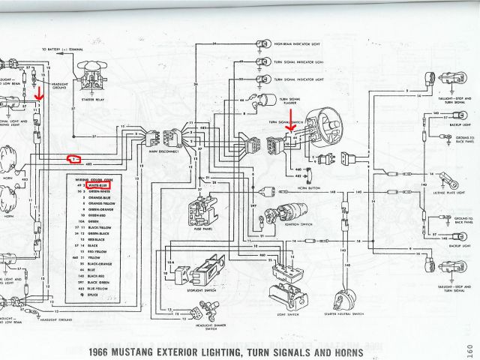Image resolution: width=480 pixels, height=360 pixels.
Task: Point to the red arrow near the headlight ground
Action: click(x=39, y=93)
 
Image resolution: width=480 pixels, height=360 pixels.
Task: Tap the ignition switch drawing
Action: click(x=288, y=214)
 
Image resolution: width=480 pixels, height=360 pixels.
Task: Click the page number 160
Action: click(x=467, y=346)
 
